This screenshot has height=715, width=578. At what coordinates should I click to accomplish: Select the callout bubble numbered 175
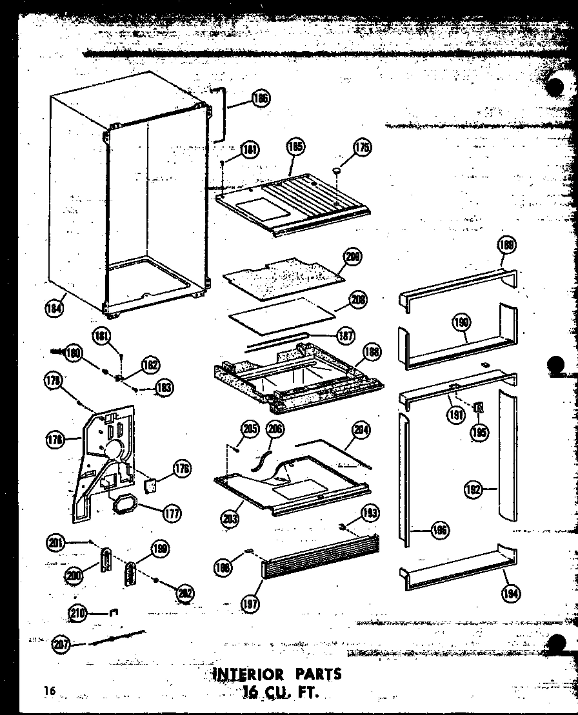[x=362, y=148]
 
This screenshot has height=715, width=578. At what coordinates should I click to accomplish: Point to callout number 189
[x=506, y=244]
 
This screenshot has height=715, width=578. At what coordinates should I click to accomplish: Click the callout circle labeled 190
[x=462, y=322]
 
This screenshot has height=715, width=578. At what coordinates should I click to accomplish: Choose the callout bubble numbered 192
[x=473, y=490]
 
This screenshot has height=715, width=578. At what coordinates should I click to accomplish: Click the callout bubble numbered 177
[x=172, y=514]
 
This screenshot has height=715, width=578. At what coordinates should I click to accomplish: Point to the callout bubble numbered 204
[x=361, y=429]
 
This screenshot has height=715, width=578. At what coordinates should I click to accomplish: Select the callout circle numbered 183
[x=164, y=387]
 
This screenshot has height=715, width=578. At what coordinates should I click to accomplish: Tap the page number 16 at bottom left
[x=49, y=691]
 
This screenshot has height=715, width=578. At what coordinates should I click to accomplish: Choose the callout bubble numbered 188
[x=372, y=351]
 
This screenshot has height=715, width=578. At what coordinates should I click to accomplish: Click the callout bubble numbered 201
[x=57, y=543]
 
